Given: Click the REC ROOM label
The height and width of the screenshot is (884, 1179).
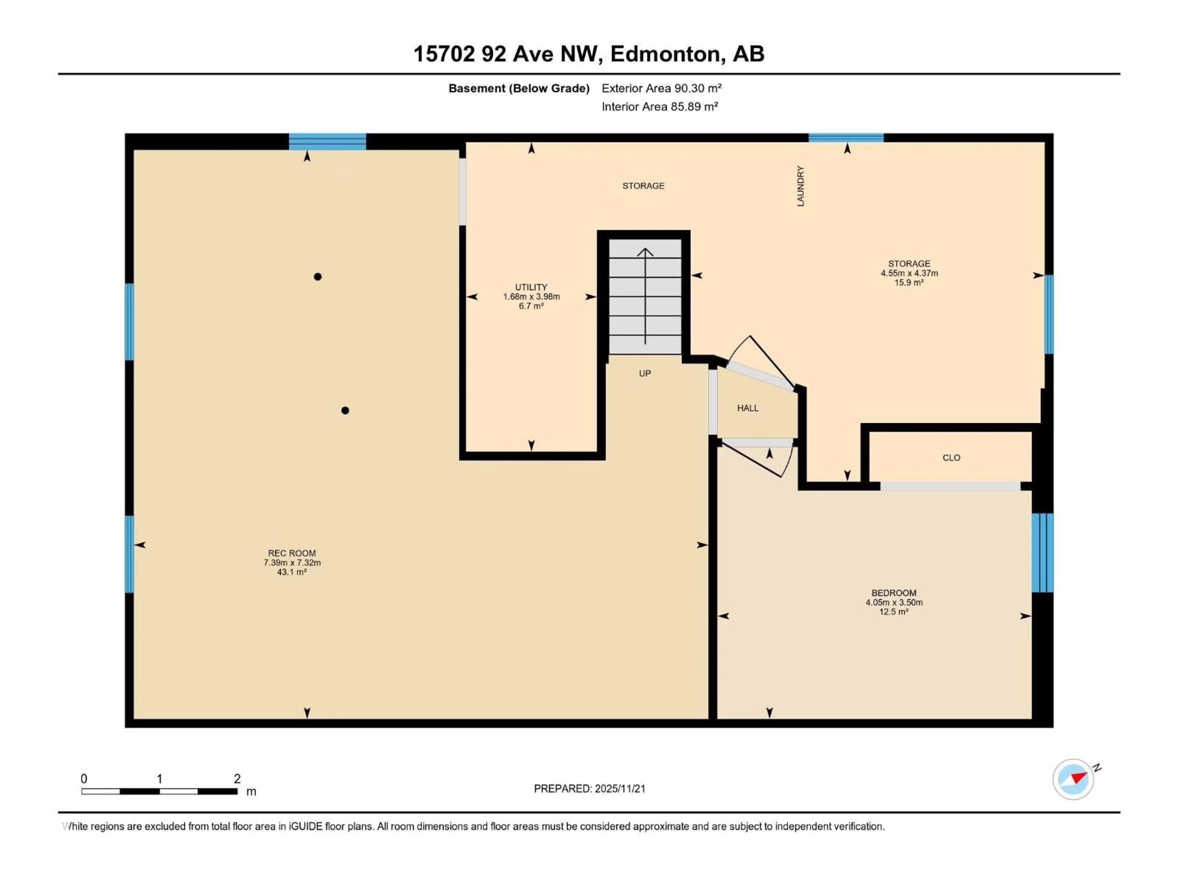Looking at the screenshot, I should pos(292,553).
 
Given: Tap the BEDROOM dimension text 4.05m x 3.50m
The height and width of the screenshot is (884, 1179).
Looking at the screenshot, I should pos(894,603).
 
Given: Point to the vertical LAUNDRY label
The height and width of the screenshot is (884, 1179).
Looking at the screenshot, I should pos(800,186).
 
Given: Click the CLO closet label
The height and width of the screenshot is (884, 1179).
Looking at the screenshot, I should pos(951,458).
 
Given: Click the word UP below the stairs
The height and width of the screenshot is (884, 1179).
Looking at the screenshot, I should pos(645,374).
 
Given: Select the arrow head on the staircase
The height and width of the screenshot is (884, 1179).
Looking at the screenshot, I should pos(645,251).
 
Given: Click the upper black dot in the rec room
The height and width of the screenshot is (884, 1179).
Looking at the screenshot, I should pos(318,277).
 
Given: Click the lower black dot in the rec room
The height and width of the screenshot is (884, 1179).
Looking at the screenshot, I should pos(345,410).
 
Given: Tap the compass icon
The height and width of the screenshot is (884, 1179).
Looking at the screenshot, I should pos(1073,779).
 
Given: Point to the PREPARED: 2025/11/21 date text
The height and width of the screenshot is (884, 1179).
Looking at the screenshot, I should pos(589,789).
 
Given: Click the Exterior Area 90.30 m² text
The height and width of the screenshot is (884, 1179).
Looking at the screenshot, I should pos(661,88).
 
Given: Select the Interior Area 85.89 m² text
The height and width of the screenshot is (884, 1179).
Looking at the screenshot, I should pos(660,107).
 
